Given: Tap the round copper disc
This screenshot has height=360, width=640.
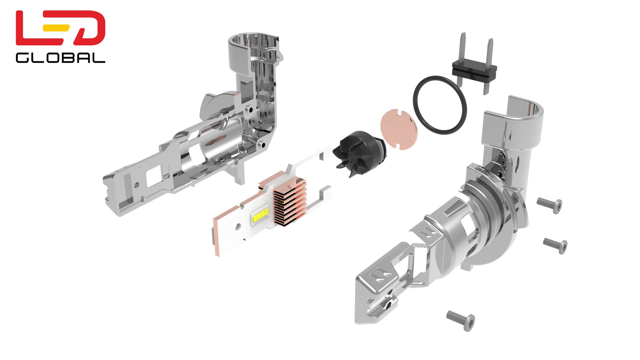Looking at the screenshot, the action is click(x=399, y=129).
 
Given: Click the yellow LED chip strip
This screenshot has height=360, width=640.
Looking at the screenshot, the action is click(x=261, y=216).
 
